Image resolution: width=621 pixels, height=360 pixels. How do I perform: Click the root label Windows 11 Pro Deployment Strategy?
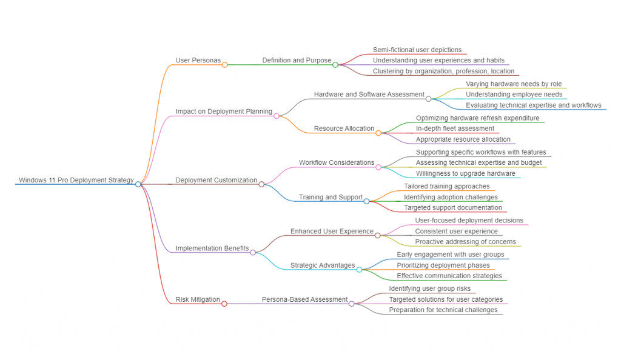point(76,180)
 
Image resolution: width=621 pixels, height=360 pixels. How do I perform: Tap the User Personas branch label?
point(198,61)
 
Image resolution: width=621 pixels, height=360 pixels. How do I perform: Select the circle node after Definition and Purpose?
point(335,64)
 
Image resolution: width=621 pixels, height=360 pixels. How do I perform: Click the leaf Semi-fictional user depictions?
point(417,50)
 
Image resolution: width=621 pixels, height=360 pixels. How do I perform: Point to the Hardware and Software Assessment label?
point(369,95)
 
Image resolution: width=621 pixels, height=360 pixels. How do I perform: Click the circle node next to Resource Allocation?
point(378,133)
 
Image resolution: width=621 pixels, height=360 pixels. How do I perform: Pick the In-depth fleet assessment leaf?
point(455,128)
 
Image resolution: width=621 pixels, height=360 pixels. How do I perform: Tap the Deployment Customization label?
point(217,180)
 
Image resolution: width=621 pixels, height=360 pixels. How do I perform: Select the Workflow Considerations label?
point(336,162)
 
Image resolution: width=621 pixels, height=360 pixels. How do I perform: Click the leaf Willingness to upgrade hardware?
point(465,173)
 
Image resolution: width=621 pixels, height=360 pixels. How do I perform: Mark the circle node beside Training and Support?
point(366,201)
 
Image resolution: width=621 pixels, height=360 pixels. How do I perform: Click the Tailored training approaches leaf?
point(446,186)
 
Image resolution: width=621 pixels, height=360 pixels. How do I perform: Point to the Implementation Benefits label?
point(212,248)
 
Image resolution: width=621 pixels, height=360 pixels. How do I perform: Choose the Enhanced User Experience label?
point(332,231)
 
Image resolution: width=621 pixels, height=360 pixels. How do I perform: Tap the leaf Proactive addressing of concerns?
point(465,242)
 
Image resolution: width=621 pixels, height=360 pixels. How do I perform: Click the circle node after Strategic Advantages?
point(359,269)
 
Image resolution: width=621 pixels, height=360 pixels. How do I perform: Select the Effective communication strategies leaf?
point(449,276)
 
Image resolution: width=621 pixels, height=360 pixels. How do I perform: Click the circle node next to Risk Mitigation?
point(224,304)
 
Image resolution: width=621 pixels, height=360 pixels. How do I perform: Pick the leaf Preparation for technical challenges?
point(443,310)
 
